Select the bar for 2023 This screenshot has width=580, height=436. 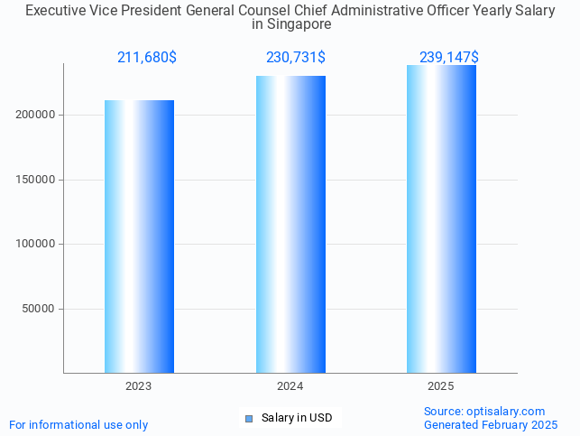(x=139, y=237)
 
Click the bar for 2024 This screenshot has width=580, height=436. (x=290, y=224)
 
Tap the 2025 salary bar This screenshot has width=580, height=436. (x=441, y=218)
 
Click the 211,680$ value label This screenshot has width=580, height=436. (x=146, y=58)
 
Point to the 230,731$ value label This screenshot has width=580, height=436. (x=295, y=58)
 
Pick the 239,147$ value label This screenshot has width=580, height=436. (x=448, y=58)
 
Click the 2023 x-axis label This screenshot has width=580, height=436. (x=139, y=385)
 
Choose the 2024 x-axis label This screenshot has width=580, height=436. (x=290, y=385)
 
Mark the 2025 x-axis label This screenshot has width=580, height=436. (x=441, y=385)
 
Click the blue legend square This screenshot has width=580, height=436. (x=249, y=418)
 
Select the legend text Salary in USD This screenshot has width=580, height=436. (x=297, y=418)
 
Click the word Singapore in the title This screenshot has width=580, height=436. (x=291, y=25)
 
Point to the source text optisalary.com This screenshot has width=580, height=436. (x=506, y=412)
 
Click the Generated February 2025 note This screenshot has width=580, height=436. (x=491, y=424)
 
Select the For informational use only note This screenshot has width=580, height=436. (x=78, y=424)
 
